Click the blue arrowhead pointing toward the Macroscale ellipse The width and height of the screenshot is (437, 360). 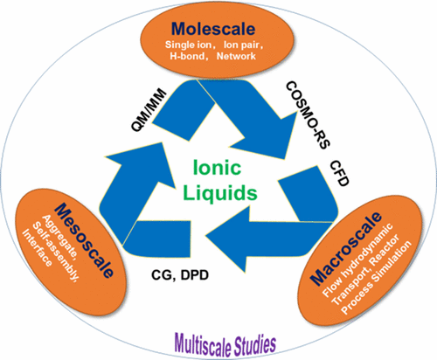(302, 153)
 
